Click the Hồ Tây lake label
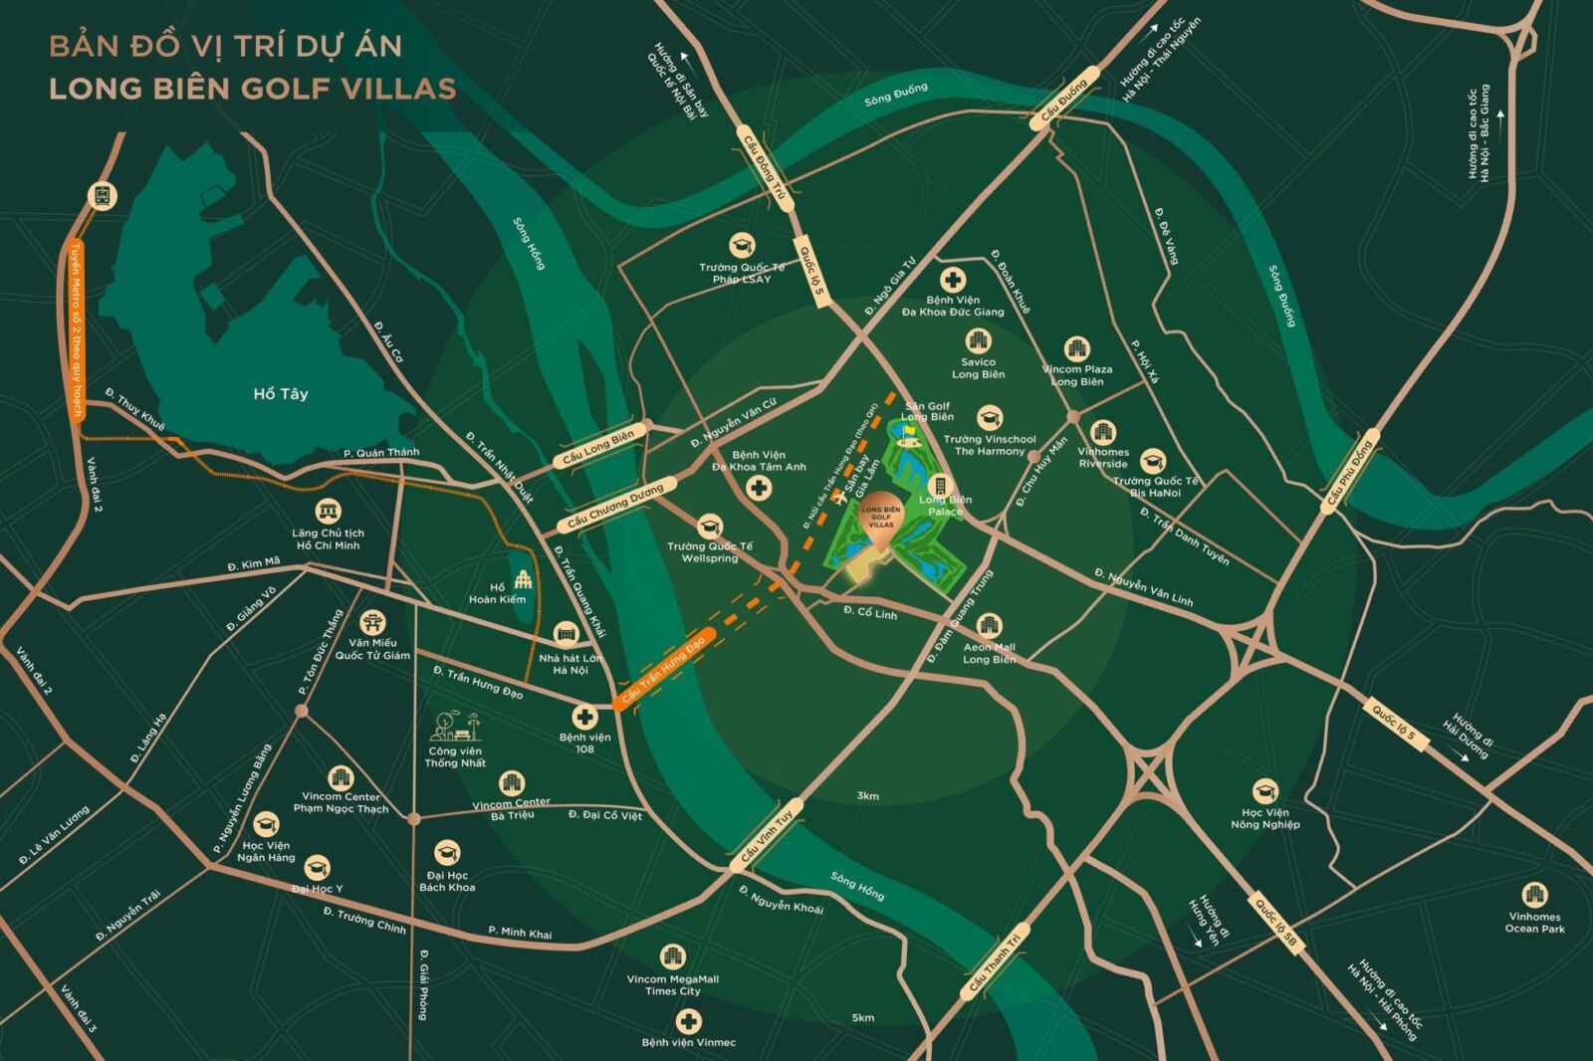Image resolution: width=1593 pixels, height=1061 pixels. (x=281, y=394)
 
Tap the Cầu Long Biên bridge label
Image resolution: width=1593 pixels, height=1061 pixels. (x=597, y=448)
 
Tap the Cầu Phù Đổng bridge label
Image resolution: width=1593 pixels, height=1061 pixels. (x=1348, y=476)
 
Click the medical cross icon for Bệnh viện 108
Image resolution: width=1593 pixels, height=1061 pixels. (x=584, y=716)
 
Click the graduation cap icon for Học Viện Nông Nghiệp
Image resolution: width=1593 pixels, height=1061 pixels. (x=1264, y=791)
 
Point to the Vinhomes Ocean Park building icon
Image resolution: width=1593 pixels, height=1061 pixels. (x=1534, y=894)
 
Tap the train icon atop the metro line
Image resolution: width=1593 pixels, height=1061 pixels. (x=101, y=195)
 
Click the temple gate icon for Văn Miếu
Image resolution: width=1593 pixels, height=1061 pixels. (x=372, y=623)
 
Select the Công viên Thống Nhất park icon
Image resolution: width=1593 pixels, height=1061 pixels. (x=454, y=727)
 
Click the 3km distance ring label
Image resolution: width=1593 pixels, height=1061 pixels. (x=867, y=796)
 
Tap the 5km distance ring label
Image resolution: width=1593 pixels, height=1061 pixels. (x=863, y=1017)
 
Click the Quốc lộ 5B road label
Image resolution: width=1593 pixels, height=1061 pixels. (x=1275, y=925)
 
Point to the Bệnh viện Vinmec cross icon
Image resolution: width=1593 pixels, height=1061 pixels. (x=688, y=1021)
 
